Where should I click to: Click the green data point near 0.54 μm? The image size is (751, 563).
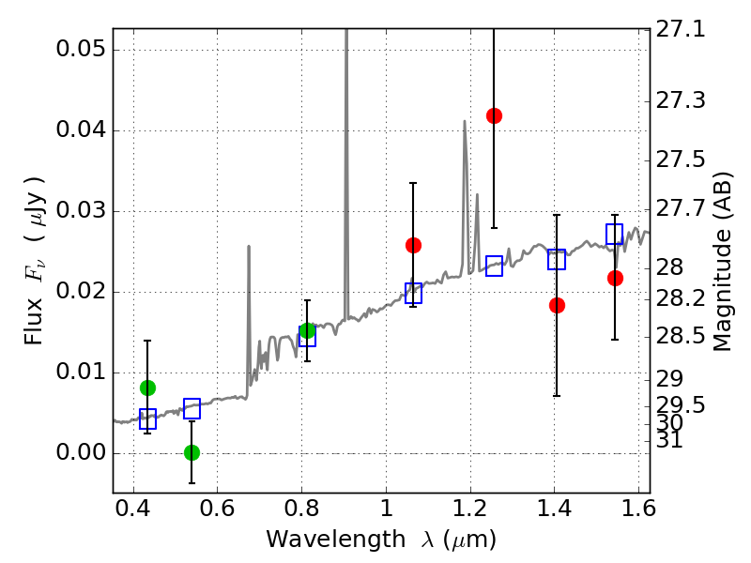click(192, 452)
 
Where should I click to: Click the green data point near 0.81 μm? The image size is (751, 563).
click(307, 330)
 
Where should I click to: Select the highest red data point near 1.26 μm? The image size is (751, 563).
click(494, 115)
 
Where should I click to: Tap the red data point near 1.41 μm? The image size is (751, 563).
click(557, 305)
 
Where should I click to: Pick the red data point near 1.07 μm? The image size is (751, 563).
click(413, 245)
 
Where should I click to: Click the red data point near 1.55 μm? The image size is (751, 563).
click(615, 278)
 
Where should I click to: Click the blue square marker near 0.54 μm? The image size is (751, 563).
click(192, 408)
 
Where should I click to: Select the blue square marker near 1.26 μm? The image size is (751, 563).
click(494, 266)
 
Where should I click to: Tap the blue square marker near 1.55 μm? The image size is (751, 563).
click(615, 234)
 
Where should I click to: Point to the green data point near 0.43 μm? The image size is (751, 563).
click(147, 388)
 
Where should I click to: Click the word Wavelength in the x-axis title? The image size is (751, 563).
click(322, 540)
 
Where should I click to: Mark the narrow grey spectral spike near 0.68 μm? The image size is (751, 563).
click(249, 281)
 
